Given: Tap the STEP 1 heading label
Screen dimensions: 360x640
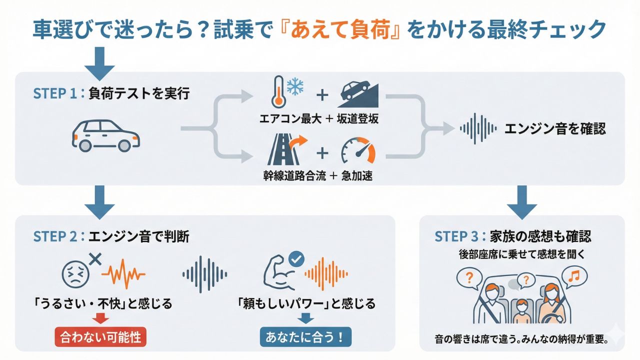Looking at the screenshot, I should (111, 93).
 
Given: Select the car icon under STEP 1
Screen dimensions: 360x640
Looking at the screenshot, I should (106, 134).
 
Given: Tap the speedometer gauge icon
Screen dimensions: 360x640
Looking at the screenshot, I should (357, 151).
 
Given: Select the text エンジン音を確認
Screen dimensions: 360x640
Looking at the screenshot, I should (555, 129).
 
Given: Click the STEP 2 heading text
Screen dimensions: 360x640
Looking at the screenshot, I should (111, 236).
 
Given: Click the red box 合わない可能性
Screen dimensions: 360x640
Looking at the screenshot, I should (100, 337).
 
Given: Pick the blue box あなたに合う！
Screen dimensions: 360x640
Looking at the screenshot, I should (305, 337).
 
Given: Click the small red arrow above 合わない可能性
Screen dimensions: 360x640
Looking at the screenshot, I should (100, 318).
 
